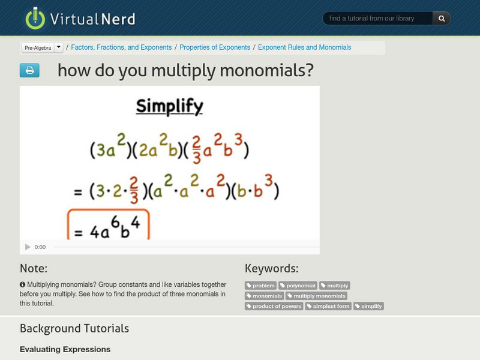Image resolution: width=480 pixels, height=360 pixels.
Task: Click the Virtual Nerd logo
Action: coord(80,18)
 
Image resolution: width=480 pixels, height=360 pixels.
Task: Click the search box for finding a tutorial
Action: coord(378,19)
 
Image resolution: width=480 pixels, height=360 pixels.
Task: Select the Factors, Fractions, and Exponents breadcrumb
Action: coord(121,47)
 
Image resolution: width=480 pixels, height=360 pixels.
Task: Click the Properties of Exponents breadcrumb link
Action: coord(215,47)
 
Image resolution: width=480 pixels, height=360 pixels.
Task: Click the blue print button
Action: coord(29,71)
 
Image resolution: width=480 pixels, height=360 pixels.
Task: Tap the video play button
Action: coord(28,247)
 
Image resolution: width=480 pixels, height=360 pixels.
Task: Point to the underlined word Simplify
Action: coord(169,106)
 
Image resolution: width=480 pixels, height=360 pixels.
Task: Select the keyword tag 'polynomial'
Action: coord(298,286)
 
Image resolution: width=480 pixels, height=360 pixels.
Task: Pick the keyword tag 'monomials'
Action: coord(265,296)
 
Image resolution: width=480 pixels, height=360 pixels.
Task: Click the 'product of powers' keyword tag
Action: coord(274,306)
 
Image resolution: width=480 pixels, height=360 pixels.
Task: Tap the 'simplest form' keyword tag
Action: coord(328,306)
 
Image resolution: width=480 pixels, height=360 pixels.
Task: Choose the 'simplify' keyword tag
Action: coord(368,306)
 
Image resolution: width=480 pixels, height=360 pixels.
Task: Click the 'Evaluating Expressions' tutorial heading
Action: coord(65,349)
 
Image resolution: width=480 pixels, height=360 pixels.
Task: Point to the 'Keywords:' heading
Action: coord(271,268)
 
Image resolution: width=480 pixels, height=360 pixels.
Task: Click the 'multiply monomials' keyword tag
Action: coord(316,296)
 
